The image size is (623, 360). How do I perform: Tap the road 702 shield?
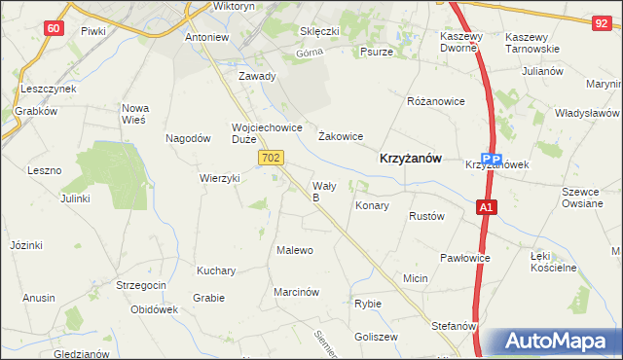pyautogui.click(x=272, y=157)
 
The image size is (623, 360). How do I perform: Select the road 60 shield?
pyautogui.click(x=55, y=28)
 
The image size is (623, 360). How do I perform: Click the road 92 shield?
pyautogui.click(x=604, y=20)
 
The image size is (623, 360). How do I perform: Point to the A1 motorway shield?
pyautogui.click(x=487, y=206)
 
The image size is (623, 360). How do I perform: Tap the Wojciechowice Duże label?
pyautogui.click(x=267, y=133)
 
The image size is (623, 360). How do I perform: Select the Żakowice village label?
pyautogui.click(x=341, y=137)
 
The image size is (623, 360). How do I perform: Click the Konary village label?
pyautogui.click(x=372, y=206)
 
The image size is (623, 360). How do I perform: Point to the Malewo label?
pyautogui.click(x=295, y=250)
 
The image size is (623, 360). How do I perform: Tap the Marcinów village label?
pyautogui.click(x=297, y=292)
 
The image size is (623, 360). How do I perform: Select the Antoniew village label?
pyautogui.click(x=207, y=39)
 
